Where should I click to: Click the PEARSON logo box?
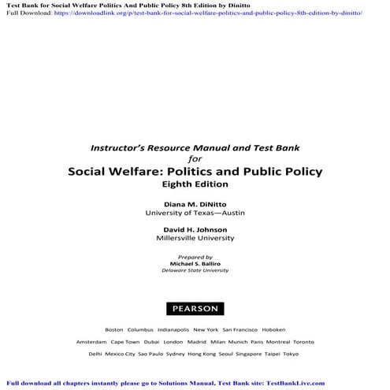pos(195,308)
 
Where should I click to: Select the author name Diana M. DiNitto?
pos(195,203)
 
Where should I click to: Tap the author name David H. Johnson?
pos(195,228)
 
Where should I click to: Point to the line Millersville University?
pos(195,238)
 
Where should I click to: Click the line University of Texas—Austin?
pos(195,213)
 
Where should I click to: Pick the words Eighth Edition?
pos(195,184)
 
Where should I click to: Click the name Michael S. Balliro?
pos(195,264)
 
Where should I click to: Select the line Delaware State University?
pos(195,272)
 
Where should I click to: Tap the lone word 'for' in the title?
pos(195,157)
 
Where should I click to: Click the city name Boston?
pos(113,329)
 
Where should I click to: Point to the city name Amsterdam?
pos(91,342)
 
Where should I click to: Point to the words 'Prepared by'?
pos(195,257)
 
